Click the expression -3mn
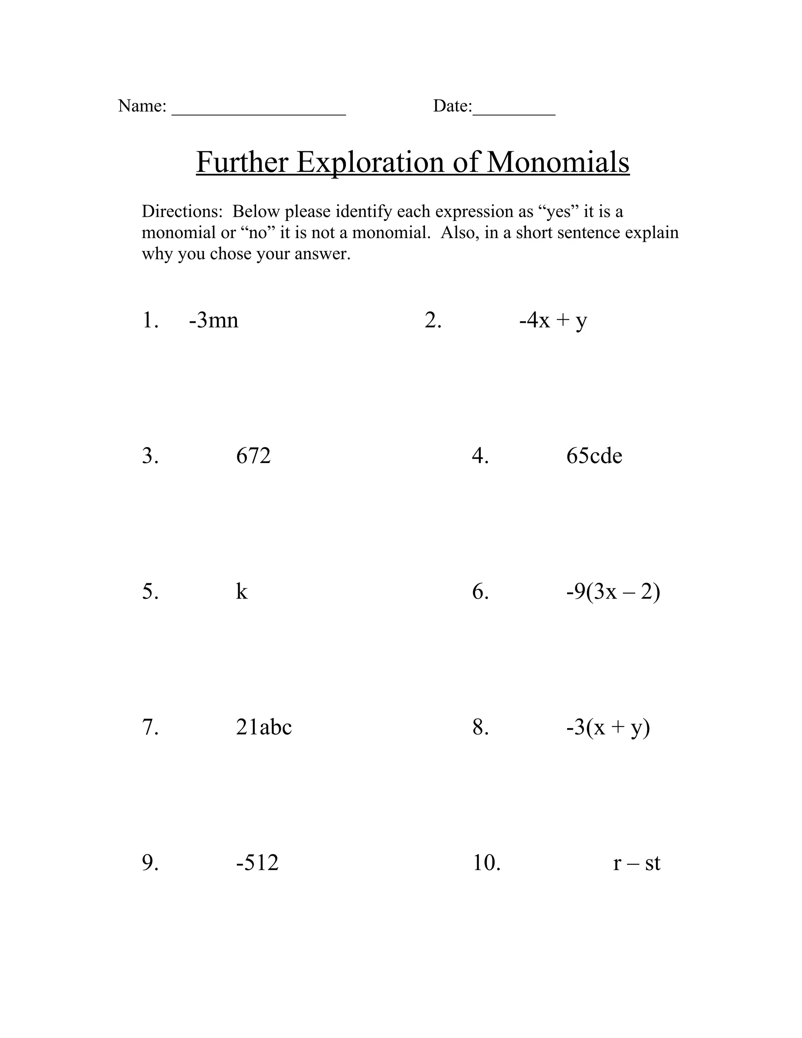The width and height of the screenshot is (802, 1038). [213, 320]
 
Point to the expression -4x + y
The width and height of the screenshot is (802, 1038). [553, 320]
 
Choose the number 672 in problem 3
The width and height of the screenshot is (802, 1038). [253, 456]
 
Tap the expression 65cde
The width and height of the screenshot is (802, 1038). [594, 456]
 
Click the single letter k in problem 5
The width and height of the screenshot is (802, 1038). [242, 592]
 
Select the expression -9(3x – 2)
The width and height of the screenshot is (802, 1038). [613, 592]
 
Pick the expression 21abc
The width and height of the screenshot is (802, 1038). [264, 727]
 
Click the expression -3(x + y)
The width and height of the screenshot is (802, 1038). [608, 727]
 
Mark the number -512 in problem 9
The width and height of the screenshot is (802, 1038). [257, 863]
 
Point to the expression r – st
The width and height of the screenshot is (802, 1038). [637, 863]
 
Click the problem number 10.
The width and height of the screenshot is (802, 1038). [486, 863]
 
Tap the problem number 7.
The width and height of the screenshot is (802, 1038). [150, 727]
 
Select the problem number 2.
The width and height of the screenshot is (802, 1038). [433, 320]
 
